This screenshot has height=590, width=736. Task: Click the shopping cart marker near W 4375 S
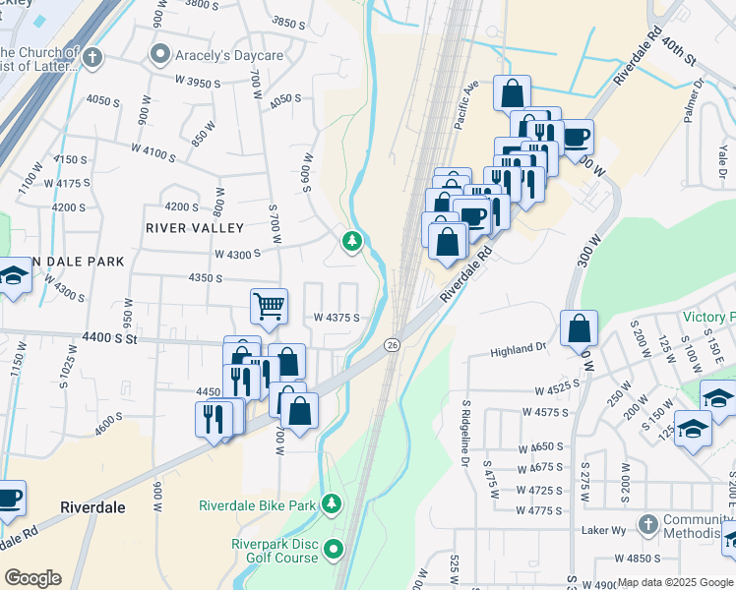tap(269, 306)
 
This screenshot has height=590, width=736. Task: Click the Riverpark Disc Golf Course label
tap(275, 551)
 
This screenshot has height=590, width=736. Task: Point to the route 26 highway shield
tap(392, 344)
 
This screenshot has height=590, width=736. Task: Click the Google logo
tap(32, 578)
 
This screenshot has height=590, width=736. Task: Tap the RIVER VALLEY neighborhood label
tap(194, 228)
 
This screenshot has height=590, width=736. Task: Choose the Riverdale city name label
tap(92, 507)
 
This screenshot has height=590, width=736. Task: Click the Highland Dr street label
tap(519, 349)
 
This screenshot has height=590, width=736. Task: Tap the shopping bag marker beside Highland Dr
tap(579, 328)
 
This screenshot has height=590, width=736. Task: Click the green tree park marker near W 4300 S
tap(352, 241)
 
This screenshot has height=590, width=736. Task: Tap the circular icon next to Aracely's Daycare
tap(158, 52)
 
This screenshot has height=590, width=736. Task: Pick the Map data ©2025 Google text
tap(674, 582)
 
